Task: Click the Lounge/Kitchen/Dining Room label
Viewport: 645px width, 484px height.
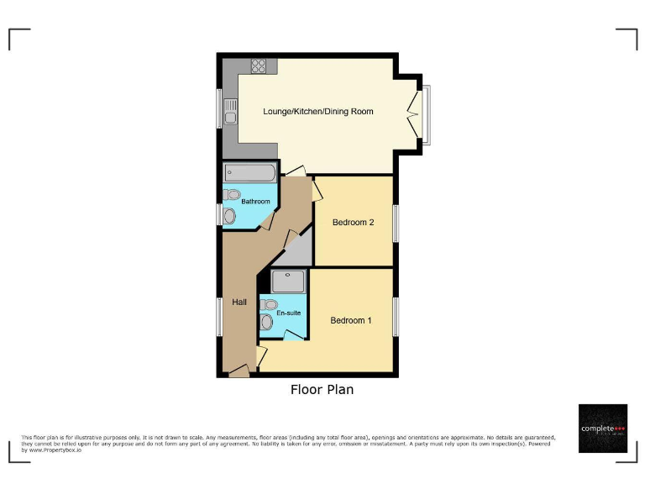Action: [x=317, y=111]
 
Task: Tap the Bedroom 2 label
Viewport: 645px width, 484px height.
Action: [x=353, y=223]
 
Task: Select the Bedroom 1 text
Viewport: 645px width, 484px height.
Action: [x=350, y=320]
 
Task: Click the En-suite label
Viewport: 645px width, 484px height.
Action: [x=289, y=313]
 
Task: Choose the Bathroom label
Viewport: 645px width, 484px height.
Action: [x=255, y=202]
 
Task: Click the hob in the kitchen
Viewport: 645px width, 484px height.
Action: [x=259, y=66]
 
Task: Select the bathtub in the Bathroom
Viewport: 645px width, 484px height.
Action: [x=249, y=174]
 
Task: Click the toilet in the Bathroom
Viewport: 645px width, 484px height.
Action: [x=233, y=195]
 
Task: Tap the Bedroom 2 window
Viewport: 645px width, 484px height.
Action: [x=396, y=223]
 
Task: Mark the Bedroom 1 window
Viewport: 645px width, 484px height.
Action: [x=396, y=318]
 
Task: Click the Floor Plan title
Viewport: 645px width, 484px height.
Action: [x=322, y=390]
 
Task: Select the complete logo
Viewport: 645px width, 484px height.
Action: [x=603, y=429]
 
